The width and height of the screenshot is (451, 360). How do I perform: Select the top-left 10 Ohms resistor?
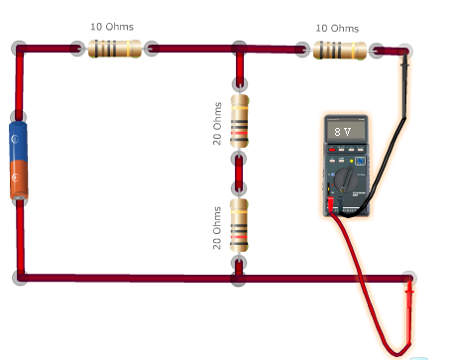(111, 48)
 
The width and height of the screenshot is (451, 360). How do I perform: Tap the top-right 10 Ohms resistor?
(338, 49)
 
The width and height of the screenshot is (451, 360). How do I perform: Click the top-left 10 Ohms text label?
(111, 26)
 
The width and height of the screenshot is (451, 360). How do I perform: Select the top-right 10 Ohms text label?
(337, 29)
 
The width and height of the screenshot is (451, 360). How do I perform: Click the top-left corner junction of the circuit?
(20, 49)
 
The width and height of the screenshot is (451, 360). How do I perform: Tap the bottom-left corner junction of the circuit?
(20, 277)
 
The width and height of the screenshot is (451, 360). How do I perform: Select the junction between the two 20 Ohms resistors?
(239, 159)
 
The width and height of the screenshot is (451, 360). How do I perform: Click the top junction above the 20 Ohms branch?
(239, 49)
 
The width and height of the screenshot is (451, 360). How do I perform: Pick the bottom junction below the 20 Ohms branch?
(239, 277)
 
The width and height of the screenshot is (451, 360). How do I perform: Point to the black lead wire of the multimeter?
(396, 139)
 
